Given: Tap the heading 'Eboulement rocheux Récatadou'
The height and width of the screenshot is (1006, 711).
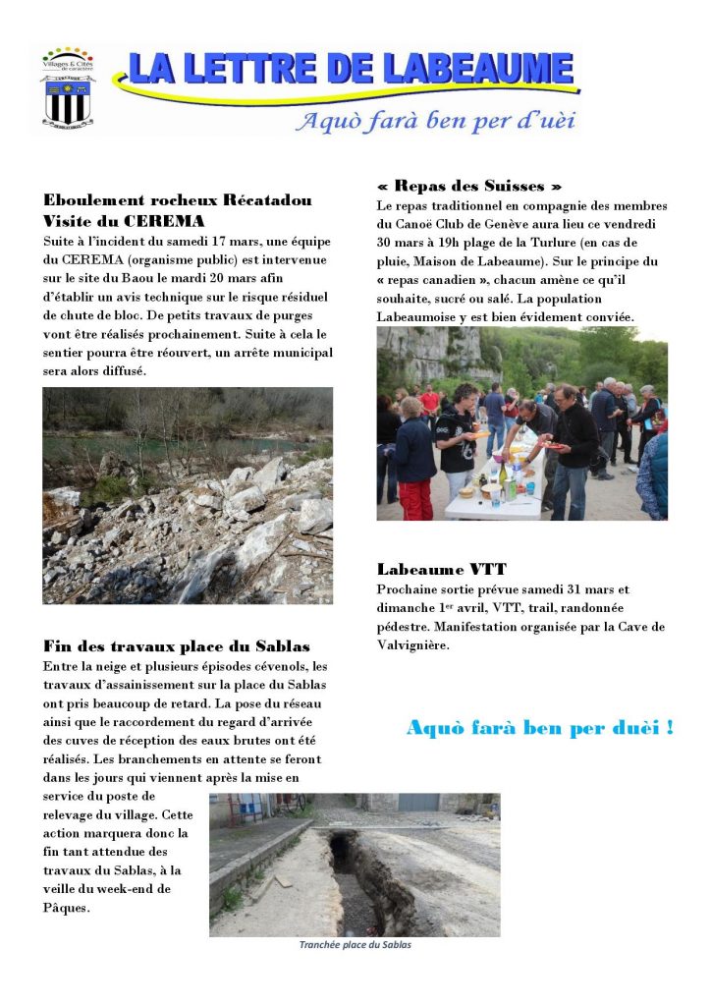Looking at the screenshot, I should point(177,200).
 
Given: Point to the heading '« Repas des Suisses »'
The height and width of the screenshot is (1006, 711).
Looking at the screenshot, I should point(469,186).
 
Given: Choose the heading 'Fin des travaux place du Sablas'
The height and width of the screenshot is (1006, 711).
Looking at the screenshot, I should point(177,645).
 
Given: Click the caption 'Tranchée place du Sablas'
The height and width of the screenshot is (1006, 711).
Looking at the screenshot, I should point(355,945).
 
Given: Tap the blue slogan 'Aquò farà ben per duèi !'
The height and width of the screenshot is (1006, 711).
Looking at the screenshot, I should point(539,728).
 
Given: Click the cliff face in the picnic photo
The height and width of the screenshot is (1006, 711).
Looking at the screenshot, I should point(432,354).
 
